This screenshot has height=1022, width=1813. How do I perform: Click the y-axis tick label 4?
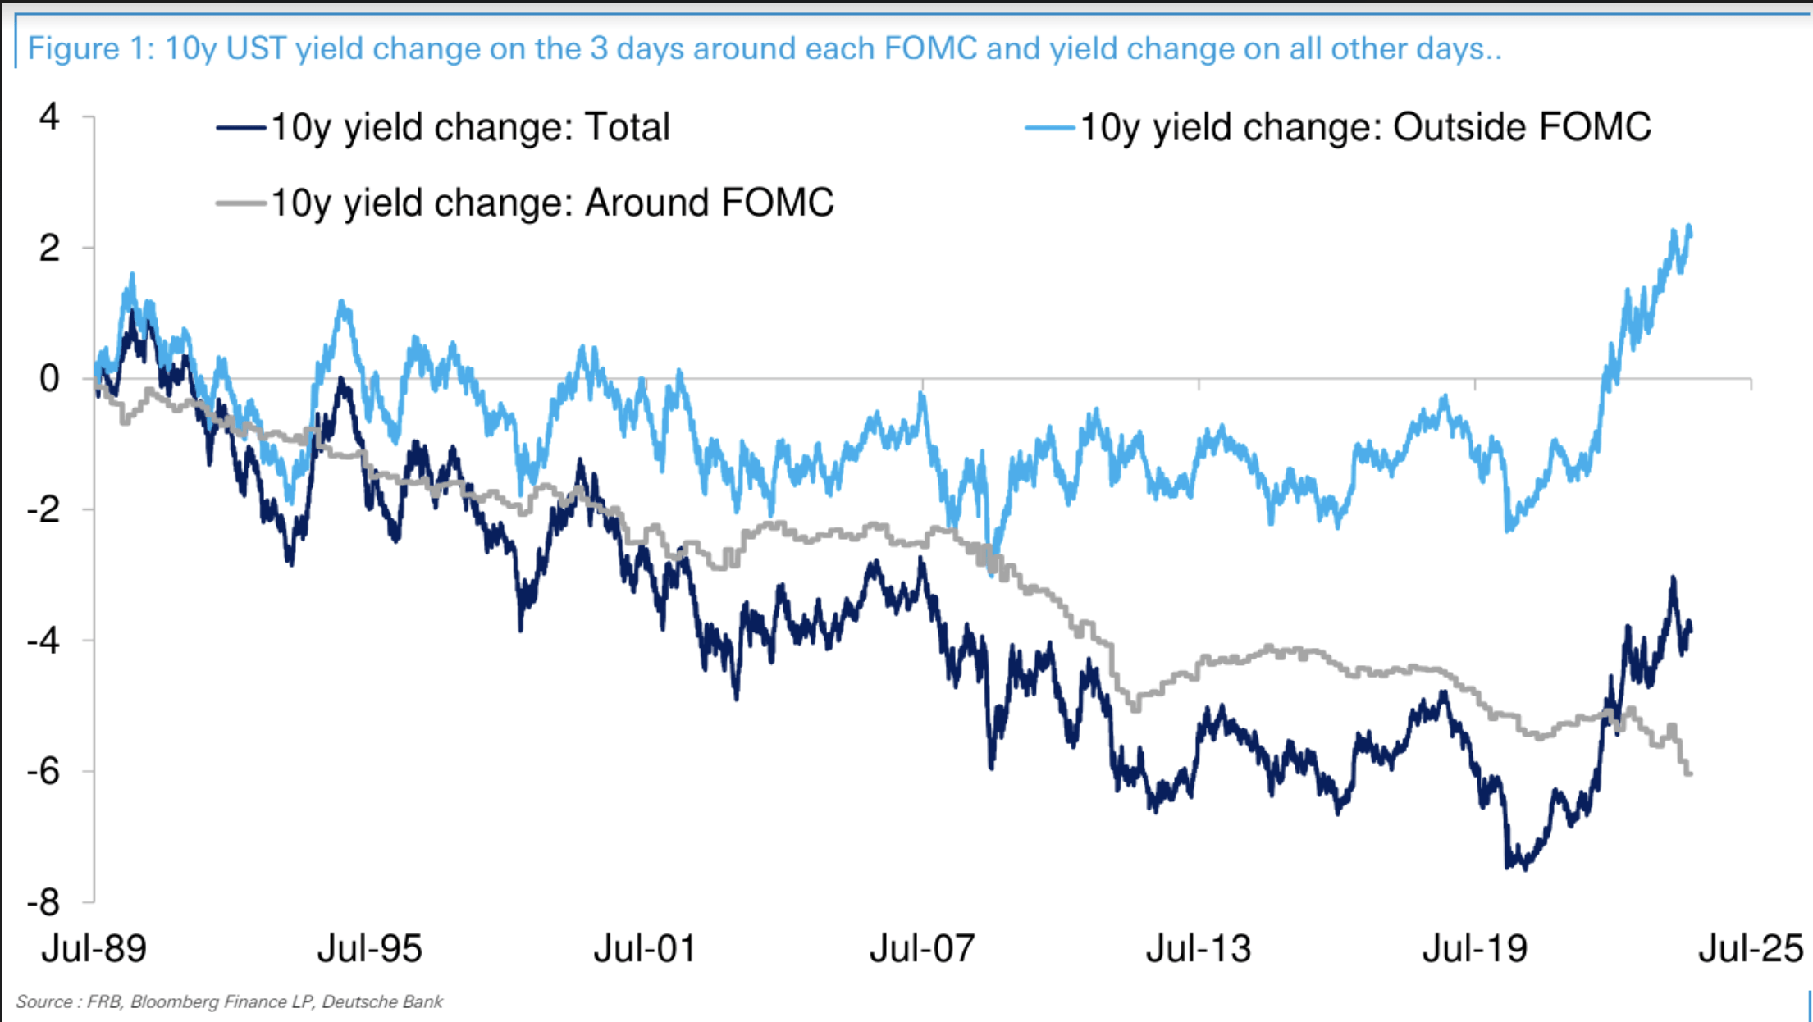[49, 118]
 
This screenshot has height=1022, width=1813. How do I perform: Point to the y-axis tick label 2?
[49, 249]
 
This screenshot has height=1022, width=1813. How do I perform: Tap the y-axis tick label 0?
[49, 379]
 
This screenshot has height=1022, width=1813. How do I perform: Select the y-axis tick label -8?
[43, 903]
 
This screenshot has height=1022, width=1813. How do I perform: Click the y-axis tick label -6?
[43, 772]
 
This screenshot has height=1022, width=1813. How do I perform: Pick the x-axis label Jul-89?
[94, 949]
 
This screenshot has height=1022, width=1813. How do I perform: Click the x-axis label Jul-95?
[369, 949]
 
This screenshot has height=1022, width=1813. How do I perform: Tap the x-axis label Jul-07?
[922, 949]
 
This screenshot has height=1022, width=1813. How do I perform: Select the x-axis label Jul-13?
[1199, 949]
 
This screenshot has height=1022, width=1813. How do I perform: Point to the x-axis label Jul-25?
[1751, 949]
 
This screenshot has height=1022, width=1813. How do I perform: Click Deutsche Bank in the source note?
[382, 1001]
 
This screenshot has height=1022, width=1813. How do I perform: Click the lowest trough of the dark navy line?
[1524, 869]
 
